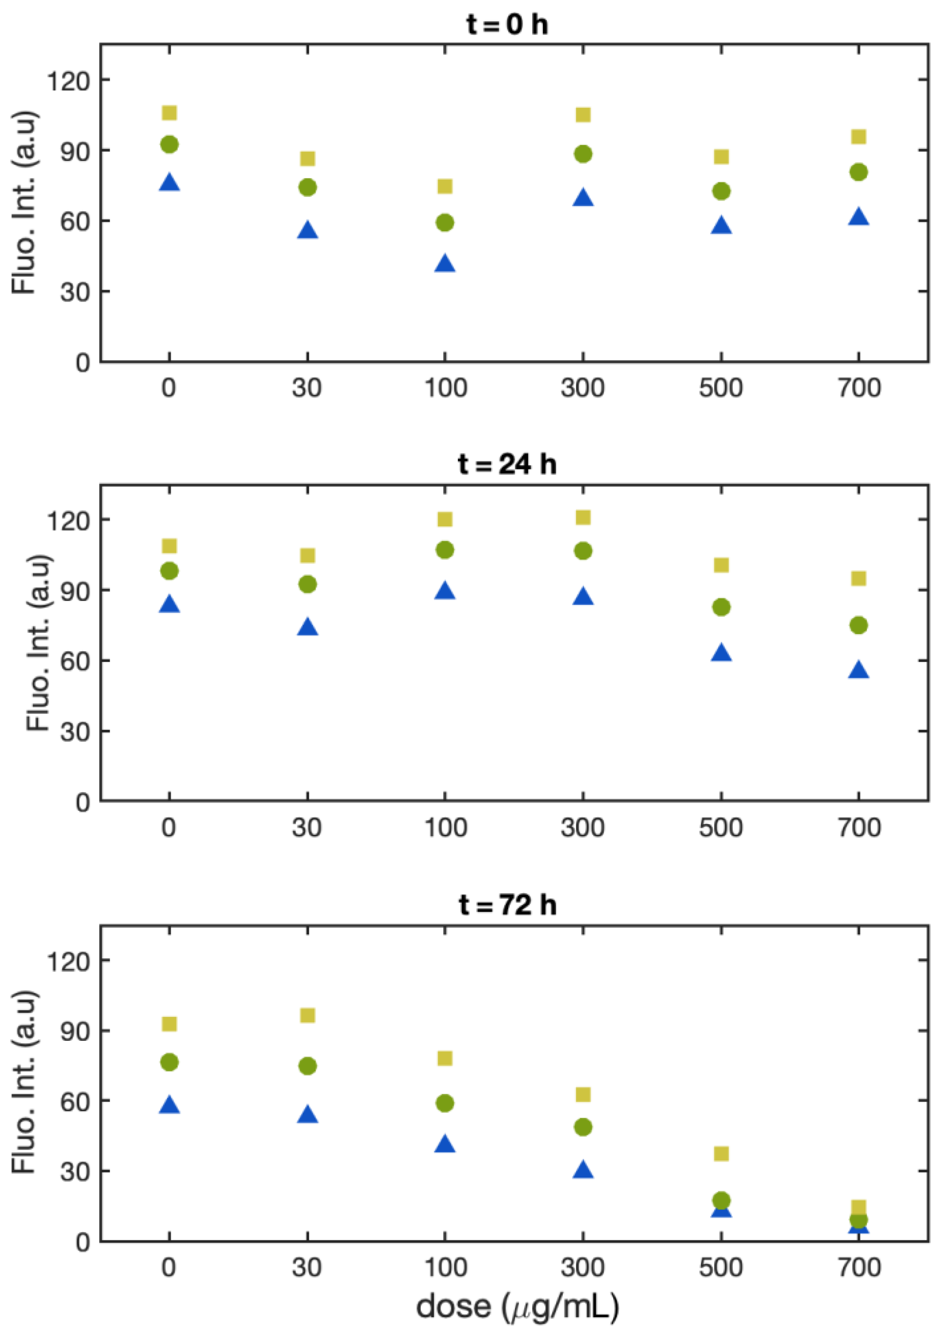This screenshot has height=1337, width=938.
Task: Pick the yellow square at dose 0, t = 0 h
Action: coord(169,112)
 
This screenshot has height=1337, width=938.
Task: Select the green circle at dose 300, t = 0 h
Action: coord(583,154)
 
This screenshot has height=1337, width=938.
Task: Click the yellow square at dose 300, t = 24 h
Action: coord(583,518)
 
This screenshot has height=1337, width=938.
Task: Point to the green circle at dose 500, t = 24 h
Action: coord(721,607)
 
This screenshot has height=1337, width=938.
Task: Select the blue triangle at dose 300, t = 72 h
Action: coord(583,1170)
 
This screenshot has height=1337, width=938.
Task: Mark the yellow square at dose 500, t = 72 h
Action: coord(721,1154)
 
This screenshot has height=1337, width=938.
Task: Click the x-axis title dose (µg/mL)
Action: coord(517,1306)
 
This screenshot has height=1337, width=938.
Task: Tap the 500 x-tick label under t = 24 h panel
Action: coord(720,827)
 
